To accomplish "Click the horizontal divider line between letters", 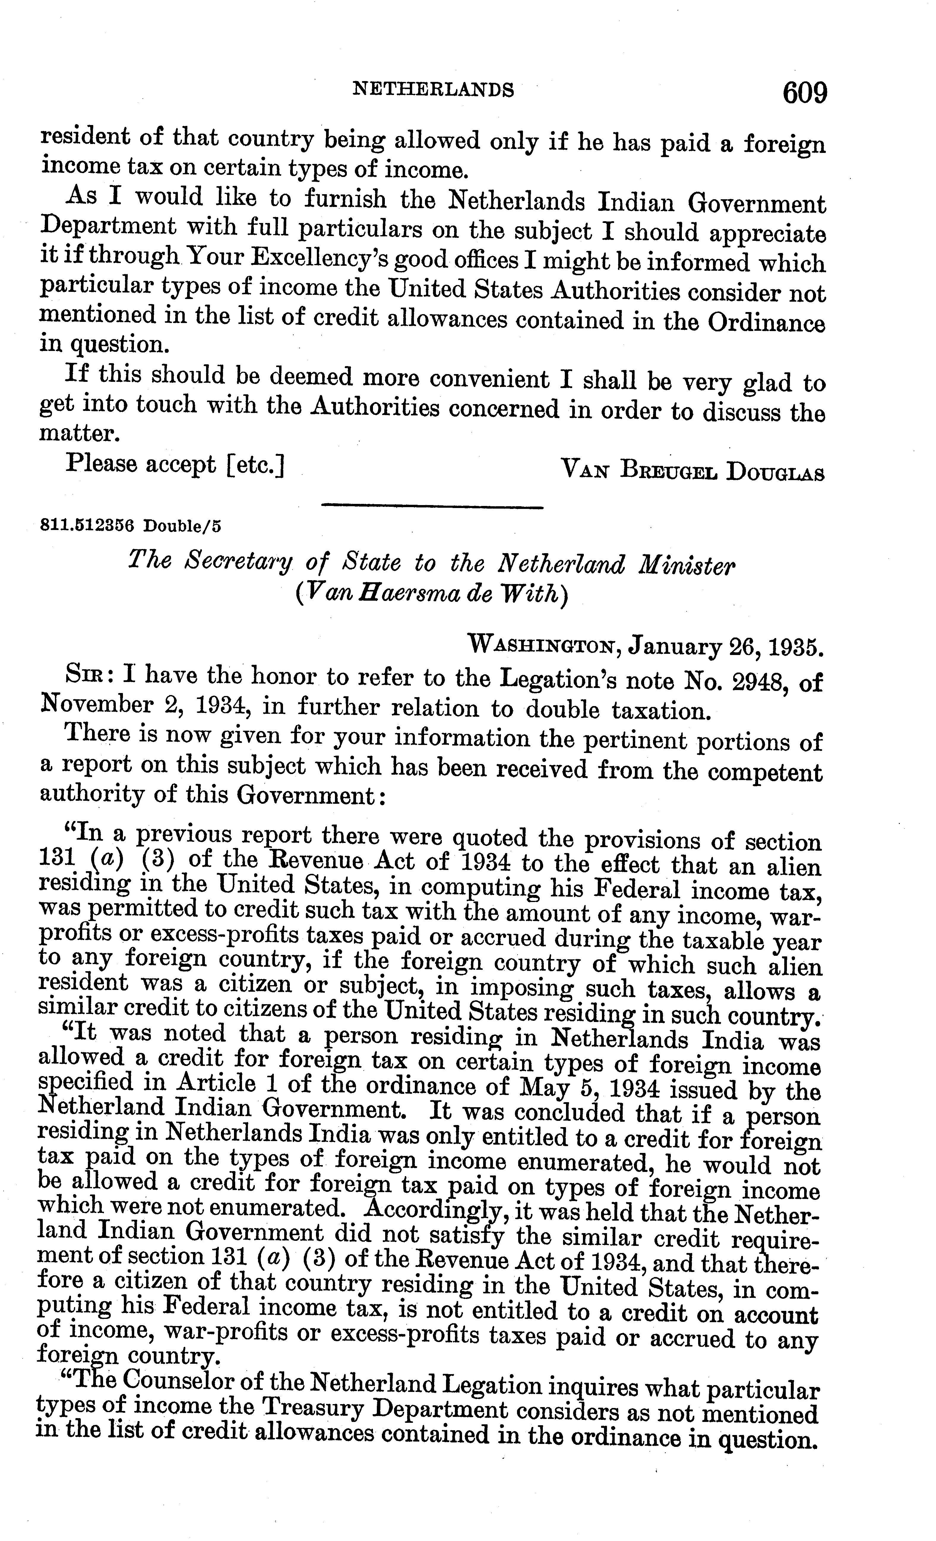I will [x=432, y=506].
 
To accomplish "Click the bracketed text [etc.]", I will [x=257, y=466].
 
